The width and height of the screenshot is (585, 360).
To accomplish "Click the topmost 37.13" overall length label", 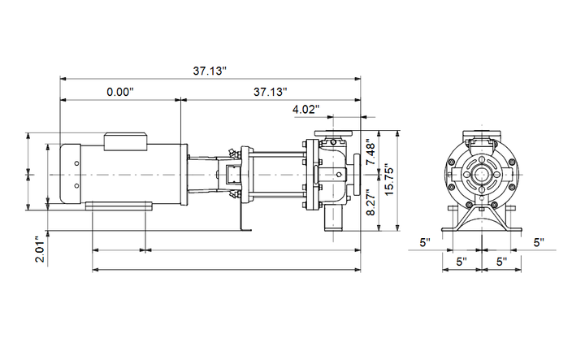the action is (210, 71).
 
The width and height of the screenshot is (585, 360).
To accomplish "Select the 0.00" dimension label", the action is (120, 92).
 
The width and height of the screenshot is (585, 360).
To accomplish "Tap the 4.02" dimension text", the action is (306, 110).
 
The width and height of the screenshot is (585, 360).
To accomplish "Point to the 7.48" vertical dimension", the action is (370, 152).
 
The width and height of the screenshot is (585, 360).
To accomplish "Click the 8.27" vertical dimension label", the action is (370, 202).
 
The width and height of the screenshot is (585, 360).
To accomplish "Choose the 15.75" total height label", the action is (388, 180).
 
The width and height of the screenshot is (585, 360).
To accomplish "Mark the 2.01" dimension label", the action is (40, 249).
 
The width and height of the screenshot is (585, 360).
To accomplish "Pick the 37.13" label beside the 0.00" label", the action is (271, 92).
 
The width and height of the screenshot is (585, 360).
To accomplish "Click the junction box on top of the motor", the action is (125, 141).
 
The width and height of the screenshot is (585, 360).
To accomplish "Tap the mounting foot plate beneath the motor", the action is (119, 206).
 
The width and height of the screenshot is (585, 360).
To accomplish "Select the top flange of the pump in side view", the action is (334, 133).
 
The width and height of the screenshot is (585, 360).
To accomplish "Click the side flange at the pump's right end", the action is (357, 175).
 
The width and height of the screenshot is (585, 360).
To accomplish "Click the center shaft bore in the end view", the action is (482, 175).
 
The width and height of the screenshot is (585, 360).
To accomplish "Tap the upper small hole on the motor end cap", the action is (76, 163).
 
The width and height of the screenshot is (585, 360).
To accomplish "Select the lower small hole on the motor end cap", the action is (76, 186).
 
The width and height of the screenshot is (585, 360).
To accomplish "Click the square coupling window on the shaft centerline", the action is (232, 175).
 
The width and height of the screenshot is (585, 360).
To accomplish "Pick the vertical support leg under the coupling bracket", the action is (242, 217).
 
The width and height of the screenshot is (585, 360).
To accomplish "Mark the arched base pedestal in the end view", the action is (482, 219).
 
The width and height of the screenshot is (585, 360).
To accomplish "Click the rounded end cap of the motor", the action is (71, 174).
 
